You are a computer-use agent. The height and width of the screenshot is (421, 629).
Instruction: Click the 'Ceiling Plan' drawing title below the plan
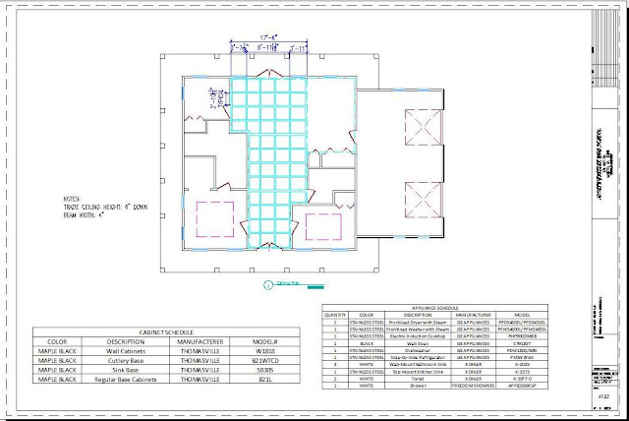click(288, 284)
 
